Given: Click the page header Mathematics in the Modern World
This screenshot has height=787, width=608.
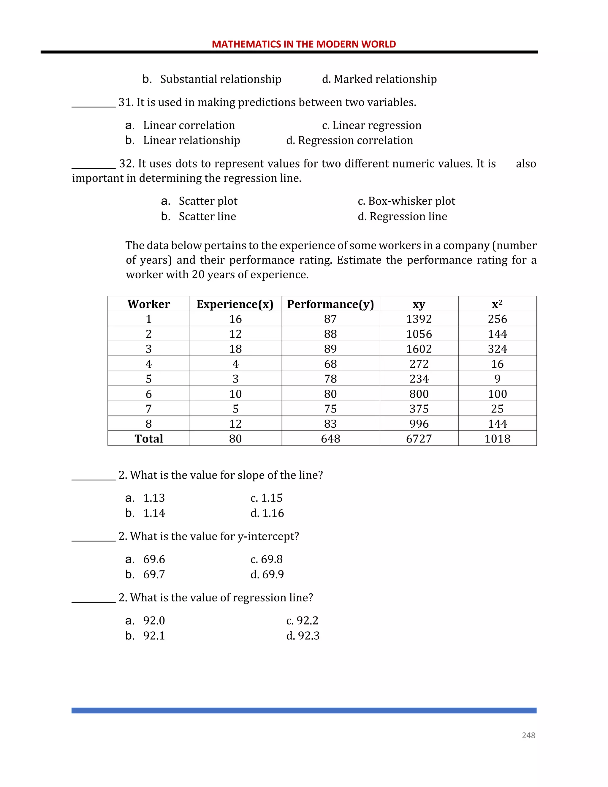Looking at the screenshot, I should point(304,44).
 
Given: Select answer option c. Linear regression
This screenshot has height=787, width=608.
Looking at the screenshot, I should point(371,125).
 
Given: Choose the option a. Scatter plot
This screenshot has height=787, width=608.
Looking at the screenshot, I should point(199,201).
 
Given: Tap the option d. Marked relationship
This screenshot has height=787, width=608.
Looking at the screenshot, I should point(379,79).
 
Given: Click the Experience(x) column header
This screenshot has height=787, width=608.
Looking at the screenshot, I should point(235,304).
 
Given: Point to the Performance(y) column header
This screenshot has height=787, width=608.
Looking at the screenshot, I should point(330,304).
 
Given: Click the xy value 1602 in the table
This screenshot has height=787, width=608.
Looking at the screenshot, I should point(419,349).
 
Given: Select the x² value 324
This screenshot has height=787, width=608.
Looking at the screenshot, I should point(497,349).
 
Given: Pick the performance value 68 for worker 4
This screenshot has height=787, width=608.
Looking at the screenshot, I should point(330,364).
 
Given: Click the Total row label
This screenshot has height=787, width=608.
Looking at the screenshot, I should point(148,439).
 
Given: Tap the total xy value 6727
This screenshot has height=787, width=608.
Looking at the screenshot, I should point(419,439).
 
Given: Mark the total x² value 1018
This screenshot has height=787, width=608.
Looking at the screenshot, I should point(497,439).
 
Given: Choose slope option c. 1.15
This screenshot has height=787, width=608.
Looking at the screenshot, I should point(267,498).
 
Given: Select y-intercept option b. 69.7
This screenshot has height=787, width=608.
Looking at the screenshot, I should point(145,574).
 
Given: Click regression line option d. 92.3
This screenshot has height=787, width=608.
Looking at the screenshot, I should point(303,636).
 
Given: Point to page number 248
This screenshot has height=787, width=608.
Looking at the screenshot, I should point(528,735).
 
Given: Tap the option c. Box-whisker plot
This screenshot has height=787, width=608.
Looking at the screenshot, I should point(406,201).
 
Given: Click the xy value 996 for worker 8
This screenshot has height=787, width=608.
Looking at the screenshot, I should point(419,424).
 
